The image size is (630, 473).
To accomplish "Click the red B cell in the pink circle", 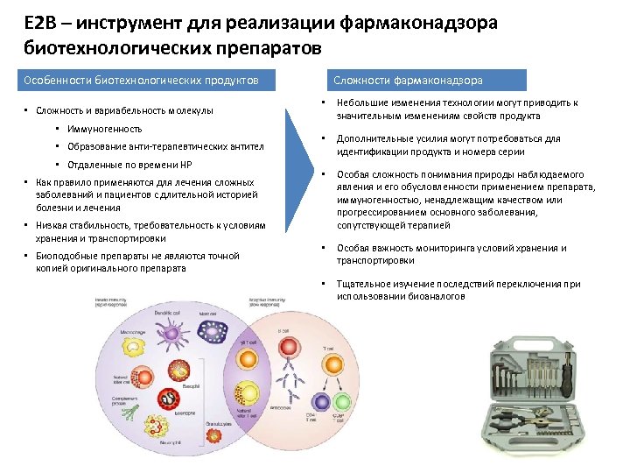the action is [283, 342].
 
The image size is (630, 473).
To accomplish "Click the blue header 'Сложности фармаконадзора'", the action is [407, 81].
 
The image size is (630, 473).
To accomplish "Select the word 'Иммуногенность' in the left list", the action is [104, 129].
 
